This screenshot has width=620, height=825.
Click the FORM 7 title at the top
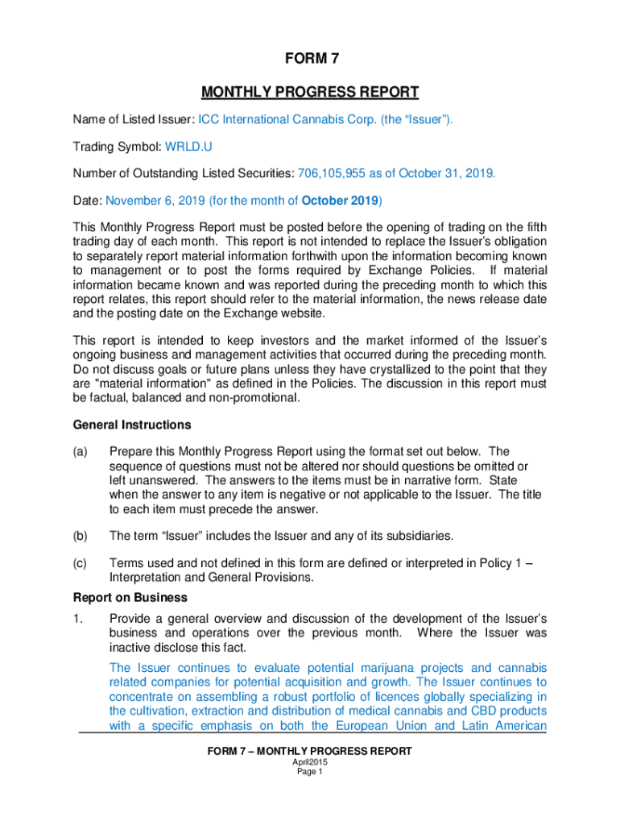click(x=310, y=59)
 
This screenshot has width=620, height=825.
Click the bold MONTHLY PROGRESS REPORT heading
click(x=310, y=91)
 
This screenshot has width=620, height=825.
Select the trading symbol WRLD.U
click(x=189, y=147)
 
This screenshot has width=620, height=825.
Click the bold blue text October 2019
click(x=340, y=200)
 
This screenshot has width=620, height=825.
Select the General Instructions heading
click(x=132, y=425)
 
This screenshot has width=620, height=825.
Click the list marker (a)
click(x=81, y=451)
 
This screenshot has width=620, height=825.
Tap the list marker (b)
click(x=81, y=535)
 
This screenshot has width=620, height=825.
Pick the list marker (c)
click(x=81, y=563)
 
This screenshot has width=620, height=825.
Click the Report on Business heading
click(x=130, y=598)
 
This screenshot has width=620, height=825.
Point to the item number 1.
click(x=77, y=619)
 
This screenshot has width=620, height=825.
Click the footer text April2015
click(x=309, y=762)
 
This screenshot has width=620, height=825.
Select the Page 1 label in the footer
click(x=309, y=772)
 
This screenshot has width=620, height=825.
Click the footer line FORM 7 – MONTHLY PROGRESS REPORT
click(x=309, y=751)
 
